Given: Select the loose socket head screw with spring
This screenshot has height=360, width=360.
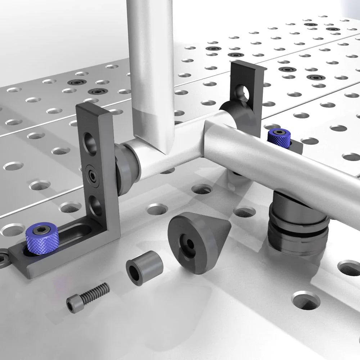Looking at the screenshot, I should pyautogui.click(x=88, y=297).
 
